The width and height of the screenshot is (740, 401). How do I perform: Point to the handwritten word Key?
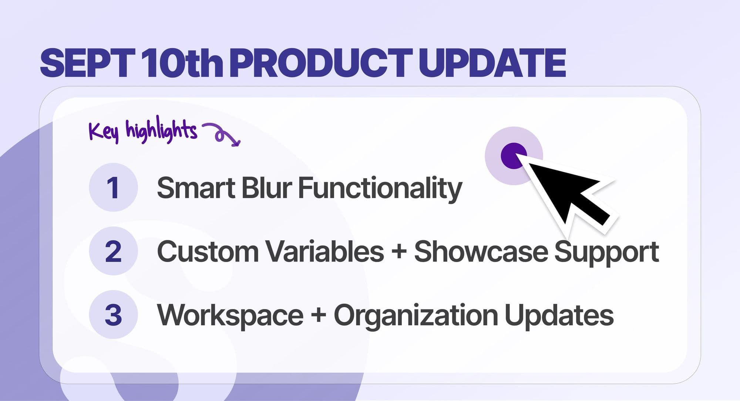pos(104,131)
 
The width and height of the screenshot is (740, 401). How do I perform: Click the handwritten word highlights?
pos(161,130)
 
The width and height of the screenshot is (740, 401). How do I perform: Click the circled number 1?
pos(113,187)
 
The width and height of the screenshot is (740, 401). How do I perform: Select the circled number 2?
pos(113,251)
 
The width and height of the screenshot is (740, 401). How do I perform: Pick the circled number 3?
pos(113,315)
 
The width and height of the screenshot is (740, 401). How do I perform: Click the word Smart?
pos(196,188)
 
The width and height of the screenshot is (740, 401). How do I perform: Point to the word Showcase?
pos(480,252)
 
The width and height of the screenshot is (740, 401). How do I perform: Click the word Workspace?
pos(230,316)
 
